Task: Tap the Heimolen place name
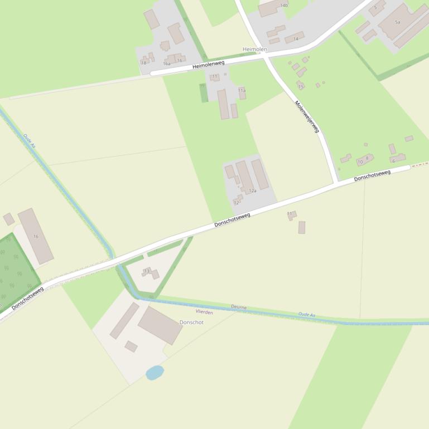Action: click(x=255, y=50)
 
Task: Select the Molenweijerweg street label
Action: click(x=307, y=116)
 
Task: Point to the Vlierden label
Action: click(x=204, y=312)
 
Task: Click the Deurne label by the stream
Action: click(x=238, y=307)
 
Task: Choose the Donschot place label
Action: click(x=191, y=323)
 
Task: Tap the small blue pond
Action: click(x=155, y=372)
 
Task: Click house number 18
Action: click(x=143, y=63)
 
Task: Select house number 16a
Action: click(x=166, y=64)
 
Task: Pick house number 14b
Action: click(x=284, y=5)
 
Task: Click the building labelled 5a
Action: click(x=398, y=22)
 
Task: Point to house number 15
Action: click(x=301, y=86)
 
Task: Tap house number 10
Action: click(x=360, y=162)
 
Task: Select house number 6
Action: click(x=393, y=160)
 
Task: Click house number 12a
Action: click(x=252, y=191)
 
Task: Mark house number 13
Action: click(x=147, y=271)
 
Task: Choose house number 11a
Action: click(x=242, y=90)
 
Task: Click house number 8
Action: click(x=367, y=158)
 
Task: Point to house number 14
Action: click(x=296, y=38)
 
